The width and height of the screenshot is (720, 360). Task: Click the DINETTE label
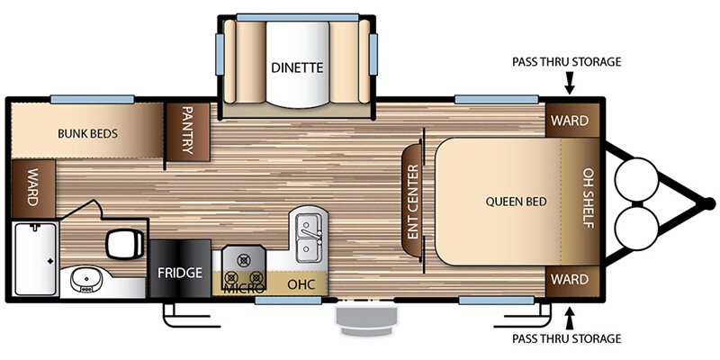(x=297, y=68)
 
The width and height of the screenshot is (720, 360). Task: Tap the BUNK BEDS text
(x=87, y=133)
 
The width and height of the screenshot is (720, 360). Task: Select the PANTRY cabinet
(x=188, y=132)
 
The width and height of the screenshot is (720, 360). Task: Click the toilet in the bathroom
(x=125, y=243)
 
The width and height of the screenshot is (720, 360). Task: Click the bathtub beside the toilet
(x=35, y=258)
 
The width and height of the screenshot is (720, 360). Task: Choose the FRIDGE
(x=180, y=268)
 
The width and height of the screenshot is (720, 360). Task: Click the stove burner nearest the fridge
(x=231, y=277)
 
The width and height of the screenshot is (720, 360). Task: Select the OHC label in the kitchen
(x=301, y=284)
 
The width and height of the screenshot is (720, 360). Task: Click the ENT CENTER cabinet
(x=412, y=201)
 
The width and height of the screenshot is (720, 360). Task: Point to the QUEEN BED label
(x=516, y=201)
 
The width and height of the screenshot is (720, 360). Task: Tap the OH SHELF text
(x=589, y=198)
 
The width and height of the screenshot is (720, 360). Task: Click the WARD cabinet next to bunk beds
(x=33, y=189)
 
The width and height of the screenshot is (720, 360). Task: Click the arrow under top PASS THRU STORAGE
(x=570, y=83)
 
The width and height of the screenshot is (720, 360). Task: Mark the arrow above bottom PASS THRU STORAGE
(x=570, y=319)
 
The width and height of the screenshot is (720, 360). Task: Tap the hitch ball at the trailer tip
(x=710, y=202)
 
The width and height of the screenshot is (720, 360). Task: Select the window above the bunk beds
(x=93, y=99)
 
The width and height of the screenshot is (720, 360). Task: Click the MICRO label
(x=244, y=288)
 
